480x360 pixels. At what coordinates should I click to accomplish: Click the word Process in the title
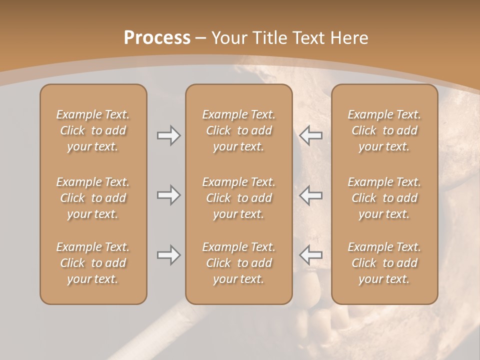pos(157,38)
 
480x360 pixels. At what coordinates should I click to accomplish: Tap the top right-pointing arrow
pos(168,135)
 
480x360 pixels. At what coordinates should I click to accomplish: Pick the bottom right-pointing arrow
pos(168,255)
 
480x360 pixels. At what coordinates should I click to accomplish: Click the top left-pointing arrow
pos(310,135)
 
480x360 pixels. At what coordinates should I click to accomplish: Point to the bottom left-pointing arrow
pos(310,255)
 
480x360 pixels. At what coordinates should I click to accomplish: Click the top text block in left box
pos(93,130)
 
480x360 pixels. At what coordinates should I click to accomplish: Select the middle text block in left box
pos(93,198)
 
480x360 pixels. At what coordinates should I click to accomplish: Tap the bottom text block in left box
pos(93,263)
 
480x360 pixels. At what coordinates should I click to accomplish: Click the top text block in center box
pos(238,130)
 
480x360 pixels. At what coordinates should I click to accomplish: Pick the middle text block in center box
pos(238,198)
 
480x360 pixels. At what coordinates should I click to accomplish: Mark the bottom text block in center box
pos(238,263)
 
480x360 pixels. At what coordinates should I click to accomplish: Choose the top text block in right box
pos(384,130)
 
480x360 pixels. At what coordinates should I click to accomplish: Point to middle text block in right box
pos(384,198)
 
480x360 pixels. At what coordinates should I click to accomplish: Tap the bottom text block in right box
pos(384,263)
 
